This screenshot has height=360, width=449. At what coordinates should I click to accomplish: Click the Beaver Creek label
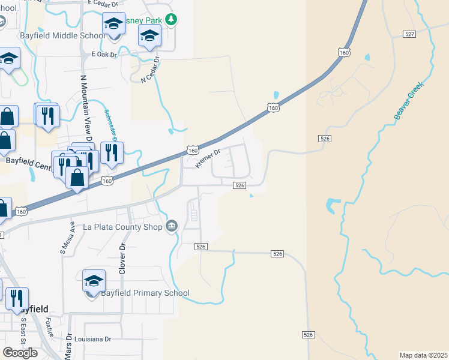coord(409,101)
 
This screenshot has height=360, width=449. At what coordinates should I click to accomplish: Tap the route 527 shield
coord(409,34)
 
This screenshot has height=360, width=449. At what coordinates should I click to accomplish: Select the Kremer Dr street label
coord(209,159)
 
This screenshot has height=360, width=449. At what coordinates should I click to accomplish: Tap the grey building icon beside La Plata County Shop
coord(172,226)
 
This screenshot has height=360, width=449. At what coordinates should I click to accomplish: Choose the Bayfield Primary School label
coord(146,293)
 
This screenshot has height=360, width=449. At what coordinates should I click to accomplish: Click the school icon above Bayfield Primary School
coord(94,280)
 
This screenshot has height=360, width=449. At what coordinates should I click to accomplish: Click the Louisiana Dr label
coord(91,339)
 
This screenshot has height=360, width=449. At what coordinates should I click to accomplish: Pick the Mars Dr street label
coord(68,346)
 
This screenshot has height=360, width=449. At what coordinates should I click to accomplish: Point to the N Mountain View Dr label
coord(85,109)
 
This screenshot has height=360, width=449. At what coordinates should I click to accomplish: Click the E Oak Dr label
coord(103,54)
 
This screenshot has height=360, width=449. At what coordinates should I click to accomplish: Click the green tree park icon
coord(172,20)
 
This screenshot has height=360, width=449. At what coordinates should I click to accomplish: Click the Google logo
coord(20,352)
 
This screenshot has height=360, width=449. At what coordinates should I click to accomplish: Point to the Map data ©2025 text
coord(423,355)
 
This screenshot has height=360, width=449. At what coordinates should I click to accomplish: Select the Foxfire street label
coord(50,328)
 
